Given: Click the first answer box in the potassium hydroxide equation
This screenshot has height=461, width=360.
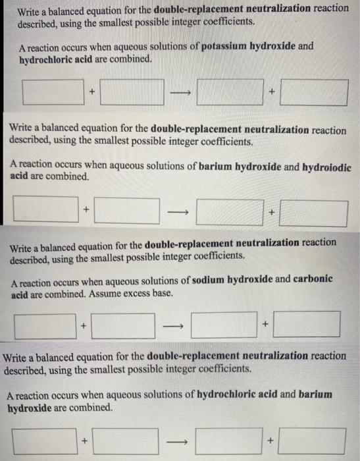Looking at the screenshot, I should point(53,92).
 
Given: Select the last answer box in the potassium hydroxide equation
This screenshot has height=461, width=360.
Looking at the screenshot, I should point(313,92).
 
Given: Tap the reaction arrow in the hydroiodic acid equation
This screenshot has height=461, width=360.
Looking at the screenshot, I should point(178,211).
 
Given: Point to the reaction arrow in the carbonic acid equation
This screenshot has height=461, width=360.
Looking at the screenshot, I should point(172,325).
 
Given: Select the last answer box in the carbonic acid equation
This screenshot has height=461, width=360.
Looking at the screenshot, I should point(307,324).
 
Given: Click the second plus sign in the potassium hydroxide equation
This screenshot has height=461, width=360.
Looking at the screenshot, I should point(270,93).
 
